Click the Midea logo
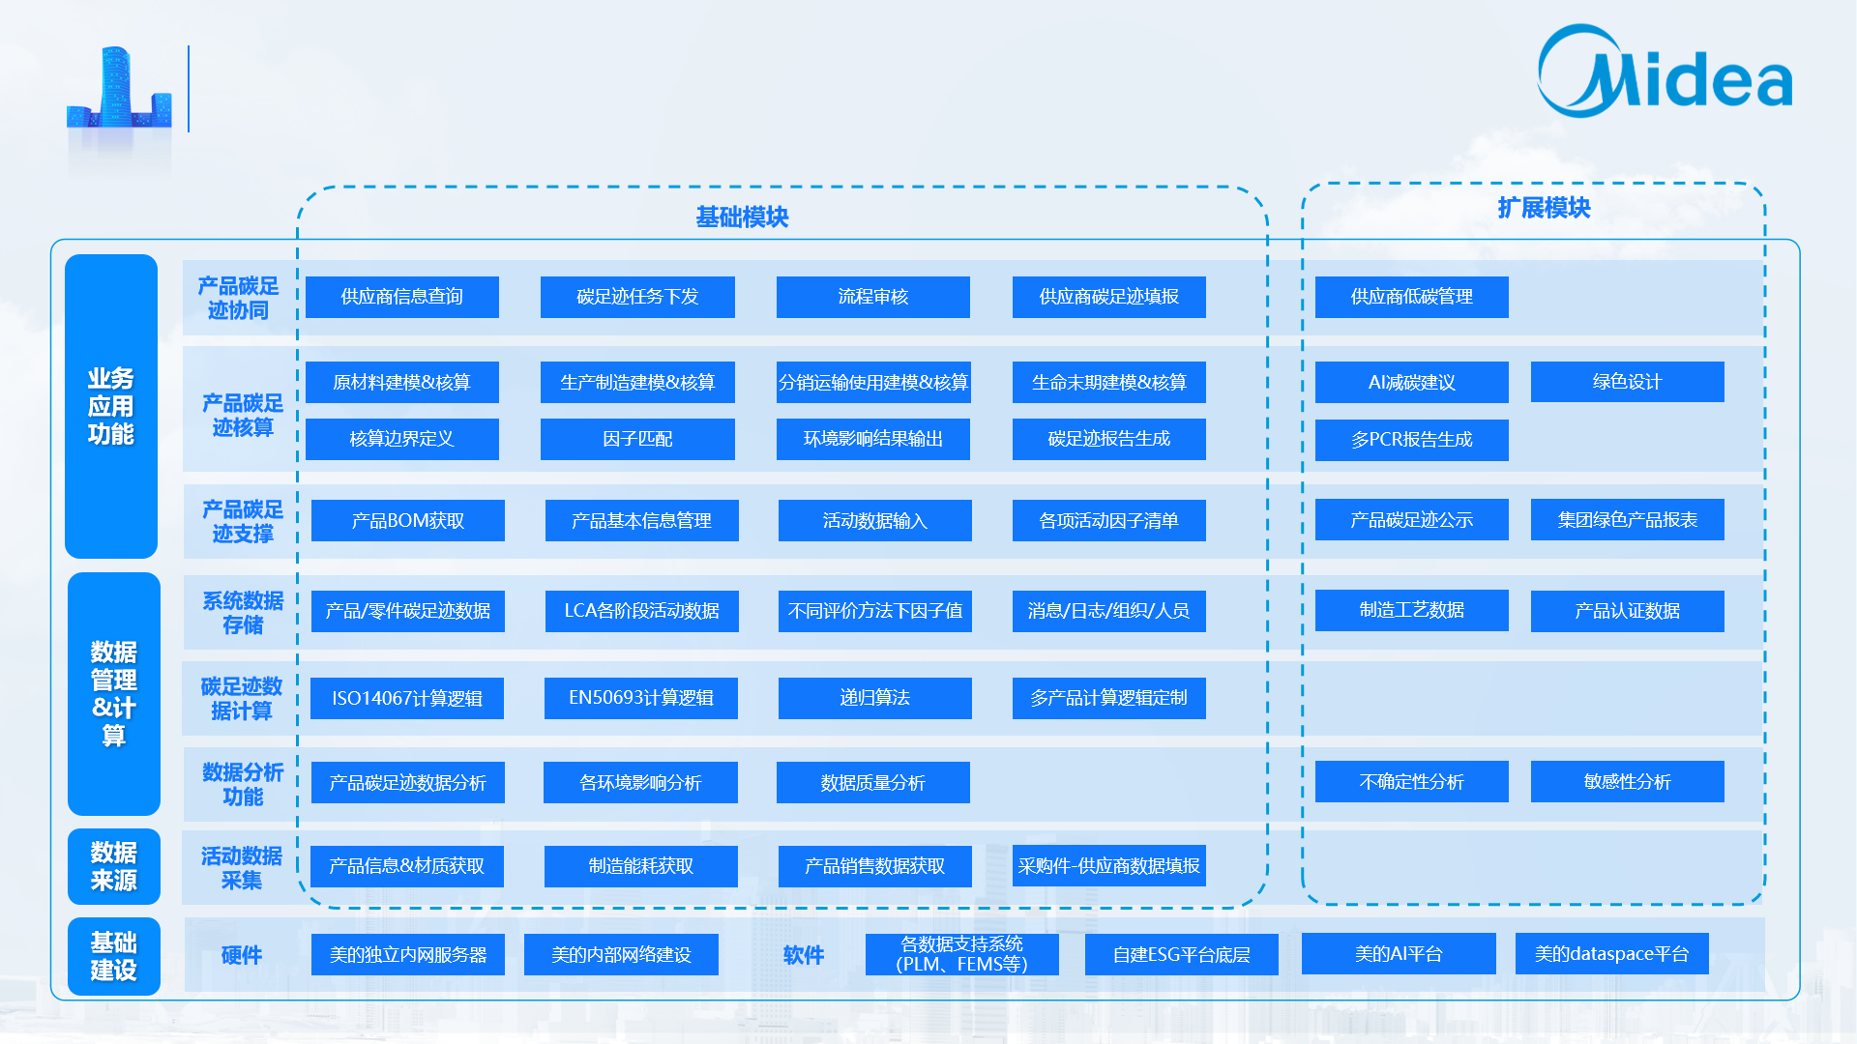[1664, 73]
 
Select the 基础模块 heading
[742, 217]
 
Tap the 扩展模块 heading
[1544, 208]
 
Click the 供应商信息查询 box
[401, 297]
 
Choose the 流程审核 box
[872, 297]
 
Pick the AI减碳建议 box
[1411, 383]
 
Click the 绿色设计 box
[1627, 382]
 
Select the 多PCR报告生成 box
[1411, 440]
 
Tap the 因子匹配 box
[636, 439]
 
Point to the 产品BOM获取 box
[407, 521]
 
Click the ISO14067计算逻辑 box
[406, 698]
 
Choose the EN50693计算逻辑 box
[640, 698]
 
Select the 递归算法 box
[874, 698]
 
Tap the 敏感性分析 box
[1627, 782]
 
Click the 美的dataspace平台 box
[1611, 954]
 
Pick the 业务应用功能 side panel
[111, 406]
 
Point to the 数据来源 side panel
[113, 866]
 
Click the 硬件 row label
[241, 955]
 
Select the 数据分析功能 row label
[242, 784]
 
